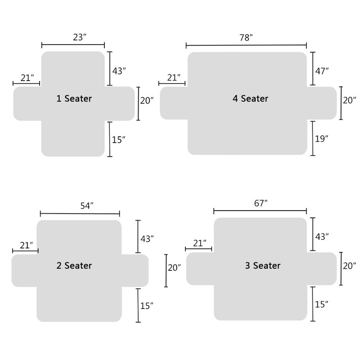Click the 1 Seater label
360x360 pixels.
click(x=74, y=99)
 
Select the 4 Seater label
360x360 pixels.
click(x=251, y=99)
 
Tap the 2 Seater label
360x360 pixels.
click(x=74, y=265)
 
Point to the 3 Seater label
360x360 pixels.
click(x=263, y=265)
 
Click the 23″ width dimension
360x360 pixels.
click(x=80, y=37)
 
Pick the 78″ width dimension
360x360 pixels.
click(x=246, y=38)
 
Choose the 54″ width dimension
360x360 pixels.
click(x=87, y=206)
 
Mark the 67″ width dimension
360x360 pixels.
click(x=261, y=203)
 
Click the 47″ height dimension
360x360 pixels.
click(x=322, y=71)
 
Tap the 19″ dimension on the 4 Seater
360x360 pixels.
click(x=321, y=139)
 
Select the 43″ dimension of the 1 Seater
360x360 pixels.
click(x=119, y=71)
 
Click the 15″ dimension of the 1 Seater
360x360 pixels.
click(x=118, y=139)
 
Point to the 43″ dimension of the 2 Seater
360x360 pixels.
click(x=147, y=239)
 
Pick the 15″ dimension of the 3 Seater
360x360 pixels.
click(x=321, y=305)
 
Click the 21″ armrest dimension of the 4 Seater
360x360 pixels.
click(x=174, y=78)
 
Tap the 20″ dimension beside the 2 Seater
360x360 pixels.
click(x=174, y=268)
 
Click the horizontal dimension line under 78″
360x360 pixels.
click(x=246, y=45)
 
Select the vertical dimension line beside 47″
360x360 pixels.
click(x=313, y=68)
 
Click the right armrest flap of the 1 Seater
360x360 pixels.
click(x=120, y=103)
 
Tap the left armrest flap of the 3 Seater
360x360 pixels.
click(x=200, y=269)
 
